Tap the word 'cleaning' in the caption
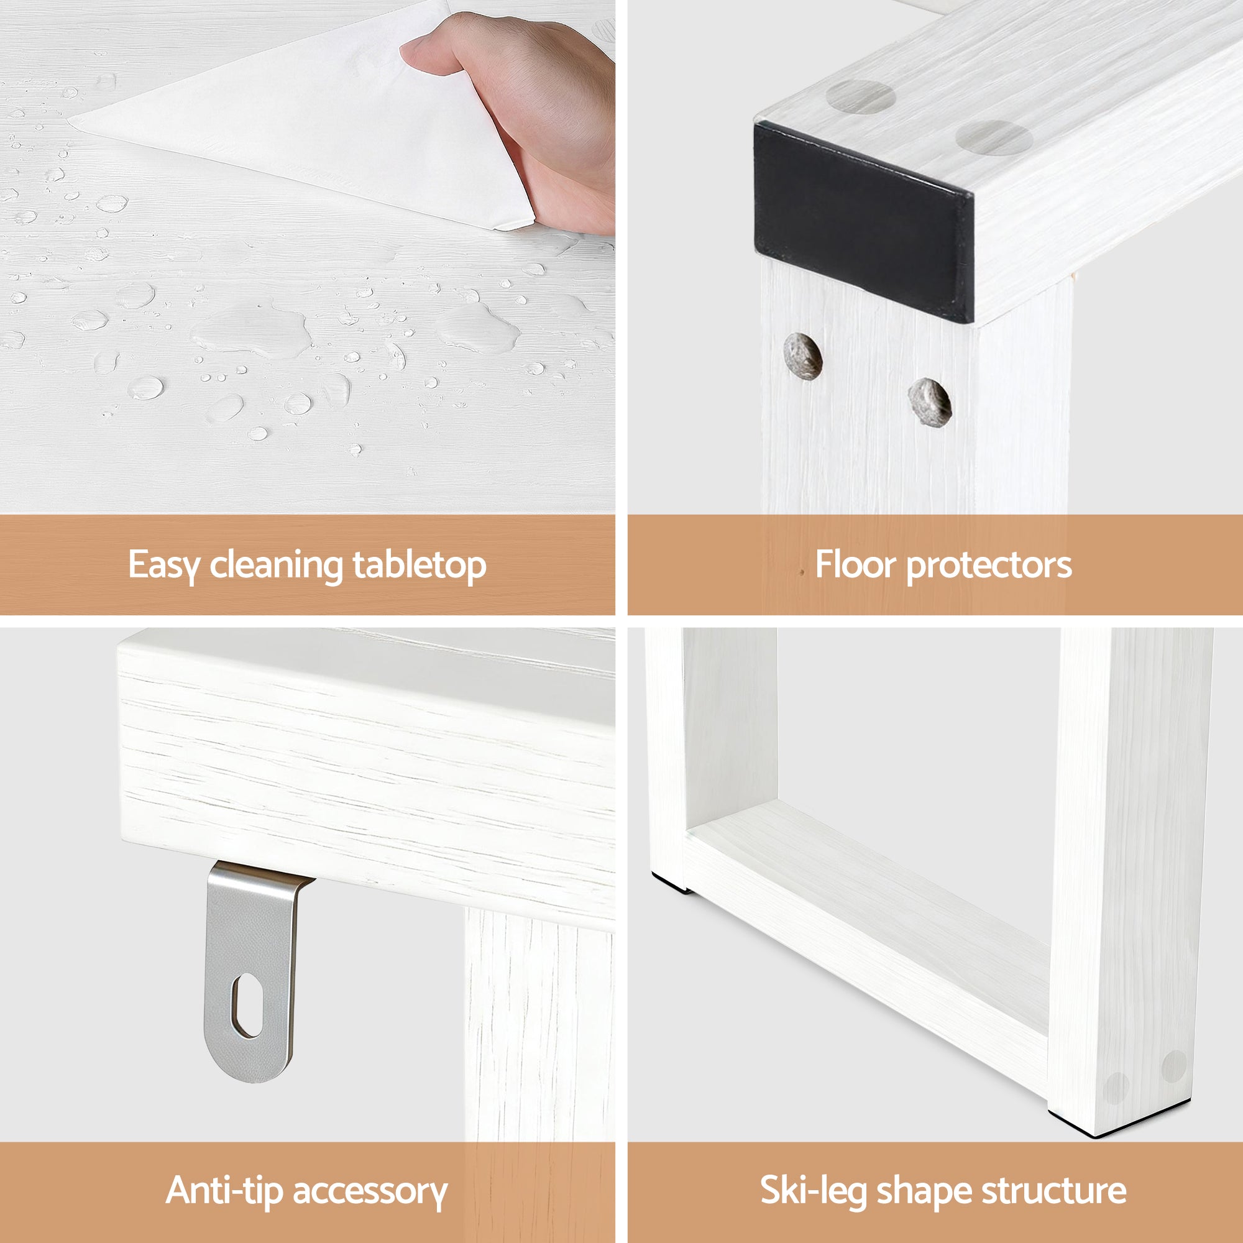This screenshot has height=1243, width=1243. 277,566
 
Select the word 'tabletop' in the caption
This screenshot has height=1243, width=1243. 419,566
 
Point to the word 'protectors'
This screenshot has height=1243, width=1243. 989,566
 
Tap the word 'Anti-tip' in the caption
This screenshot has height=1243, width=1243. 224,1190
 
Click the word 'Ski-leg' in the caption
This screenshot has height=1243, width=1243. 812,1190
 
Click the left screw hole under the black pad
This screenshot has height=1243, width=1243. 803,355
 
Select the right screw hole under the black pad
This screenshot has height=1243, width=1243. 930,401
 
